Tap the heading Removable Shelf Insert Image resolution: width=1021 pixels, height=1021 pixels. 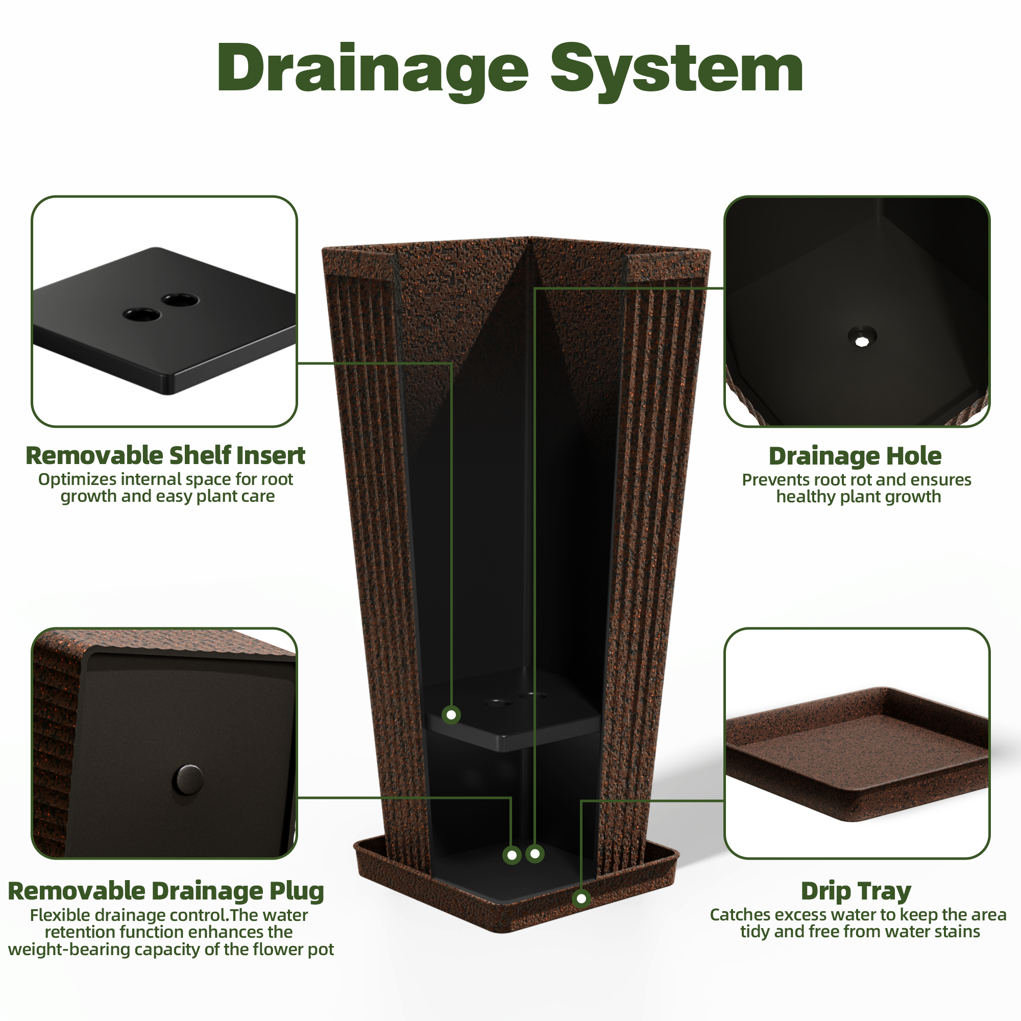[165, 455]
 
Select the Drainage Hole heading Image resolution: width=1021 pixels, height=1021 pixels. [855, 456]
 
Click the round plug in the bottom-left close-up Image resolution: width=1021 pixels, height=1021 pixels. [188, 779]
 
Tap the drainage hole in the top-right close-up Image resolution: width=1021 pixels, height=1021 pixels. [862, 336]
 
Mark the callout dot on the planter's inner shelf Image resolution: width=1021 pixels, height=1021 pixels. [451, 715]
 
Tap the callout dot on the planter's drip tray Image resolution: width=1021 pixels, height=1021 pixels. [581, 898]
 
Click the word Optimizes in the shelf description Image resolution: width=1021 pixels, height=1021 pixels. [78, 480]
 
